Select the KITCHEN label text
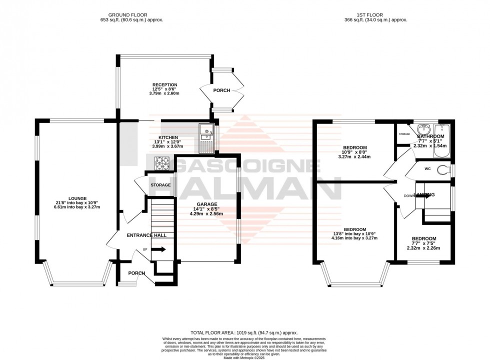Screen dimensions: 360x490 click(x=168, y=137)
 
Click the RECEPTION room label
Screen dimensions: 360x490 click(x=165, y=85)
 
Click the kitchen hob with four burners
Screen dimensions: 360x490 click(x=164, y=162)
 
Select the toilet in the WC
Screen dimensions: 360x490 click(x=442, y=169)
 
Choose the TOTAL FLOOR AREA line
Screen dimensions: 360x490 click(x=244, y=331)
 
